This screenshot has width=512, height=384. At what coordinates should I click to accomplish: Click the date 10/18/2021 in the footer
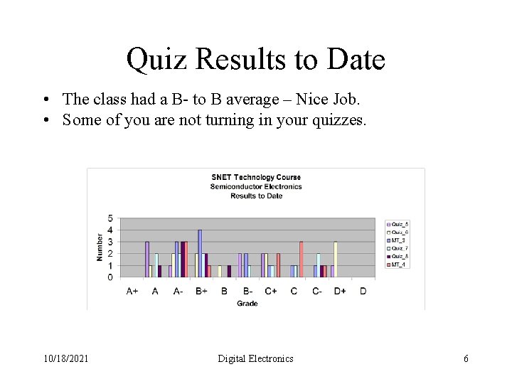(x=66, y=358)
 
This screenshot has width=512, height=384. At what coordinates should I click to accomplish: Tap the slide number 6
(x=466, y=358)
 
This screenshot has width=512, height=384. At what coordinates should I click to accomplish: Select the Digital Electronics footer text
(x=255, y=358)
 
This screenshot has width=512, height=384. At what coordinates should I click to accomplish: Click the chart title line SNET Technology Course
(x=256, y=177)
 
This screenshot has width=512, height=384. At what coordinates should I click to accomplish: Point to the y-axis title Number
(x=100, y=246)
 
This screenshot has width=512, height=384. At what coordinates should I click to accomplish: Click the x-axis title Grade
(x=247, y=304)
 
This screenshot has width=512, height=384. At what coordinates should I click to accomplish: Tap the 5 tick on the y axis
(x=110, y=218)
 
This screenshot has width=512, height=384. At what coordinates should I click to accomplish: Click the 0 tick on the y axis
(x=110, y=277)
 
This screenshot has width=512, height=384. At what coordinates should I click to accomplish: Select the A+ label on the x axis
(x=132, y=291)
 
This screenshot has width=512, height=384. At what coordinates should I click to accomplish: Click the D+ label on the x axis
(x=340, y=291)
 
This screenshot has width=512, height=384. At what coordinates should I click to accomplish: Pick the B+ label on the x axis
(x=201, y=291)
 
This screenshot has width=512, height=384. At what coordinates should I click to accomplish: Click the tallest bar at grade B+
(x=200, y=253)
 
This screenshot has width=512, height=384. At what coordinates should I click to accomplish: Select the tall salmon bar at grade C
(x=302, y=259)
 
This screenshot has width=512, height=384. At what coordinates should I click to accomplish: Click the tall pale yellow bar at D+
(x=335, y=259)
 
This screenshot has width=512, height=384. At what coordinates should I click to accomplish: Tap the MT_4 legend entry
(x=398, y=265)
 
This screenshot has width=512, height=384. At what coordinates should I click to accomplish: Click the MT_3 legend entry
(x=398, y=240)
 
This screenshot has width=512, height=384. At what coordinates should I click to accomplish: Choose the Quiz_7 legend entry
(x=398, y=248)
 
